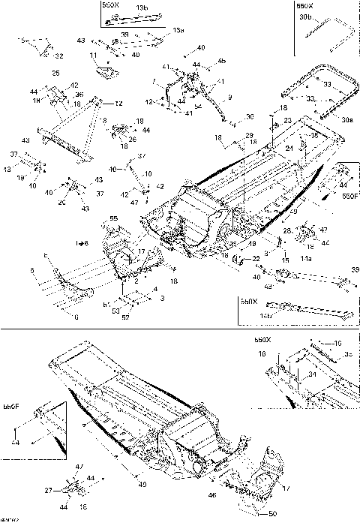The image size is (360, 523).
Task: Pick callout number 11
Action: [x=94, y=56]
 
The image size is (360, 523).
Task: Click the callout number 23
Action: [x=288, y=120]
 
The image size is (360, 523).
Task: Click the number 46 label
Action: [x=212, y=496]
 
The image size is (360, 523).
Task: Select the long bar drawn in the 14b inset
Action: [x=307, y=306]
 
